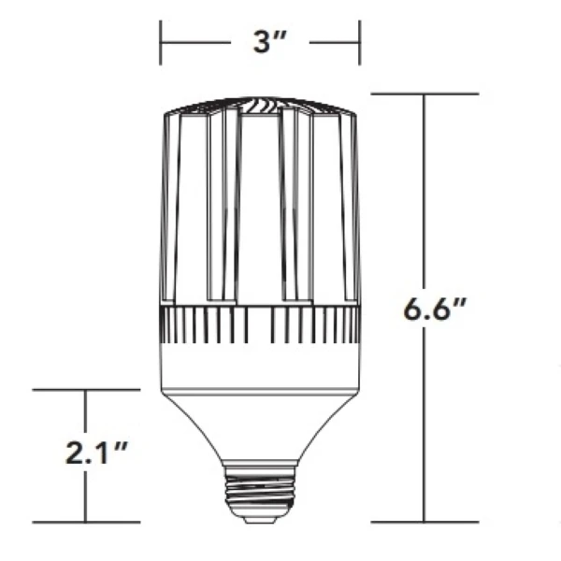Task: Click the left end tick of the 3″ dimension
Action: (x=161, y=42)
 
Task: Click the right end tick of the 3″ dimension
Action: (x=359, y=42)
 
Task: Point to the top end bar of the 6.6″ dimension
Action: (x=425, y=94)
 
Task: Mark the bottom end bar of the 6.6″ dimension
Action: (x=425, y=522)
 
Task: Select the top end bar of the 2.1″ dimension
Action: (x=87, y=389)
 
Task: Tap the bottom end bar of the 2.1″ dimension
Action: (x=87, y=522)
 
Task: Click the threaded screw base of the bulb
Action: (x=259, y=492)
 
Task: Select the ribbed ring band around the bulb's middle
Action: (x=259, y=324)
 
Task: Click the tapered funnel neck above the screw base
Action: (x=259, y=421)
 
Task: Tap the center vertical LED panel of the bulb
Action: (x=259, y=206)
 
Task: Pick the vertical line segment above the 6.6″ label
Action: (x=425, y=187)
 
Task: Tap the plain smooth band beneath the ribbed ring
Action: (x=259, y=367)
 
